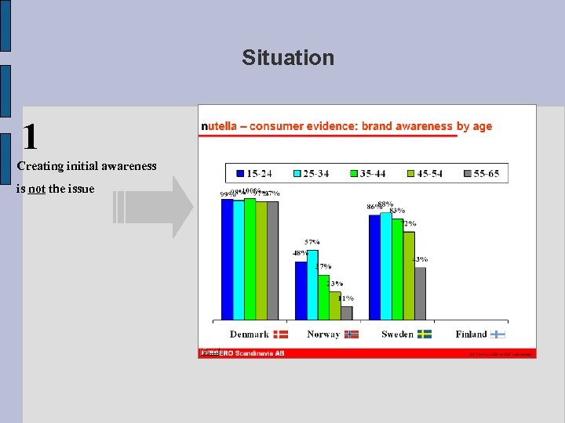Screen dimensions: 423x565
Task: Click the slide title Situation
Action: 288,58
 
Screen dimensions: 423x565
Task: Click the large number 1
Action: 30,137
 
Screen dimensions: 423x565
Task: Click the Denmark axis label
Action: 250,334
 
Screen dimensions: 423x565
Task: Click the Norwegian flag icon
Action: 351,334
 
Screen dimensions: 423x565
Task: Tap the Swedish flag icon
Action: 425,334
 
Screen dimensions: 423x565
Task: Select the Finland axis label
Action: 471,334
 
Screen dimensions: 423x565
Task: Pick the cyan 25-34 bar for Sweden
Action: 385,266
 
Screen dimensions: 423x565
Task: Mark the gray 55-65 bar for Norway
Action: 346,313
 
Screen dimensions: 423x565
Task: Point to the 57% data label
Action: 312,242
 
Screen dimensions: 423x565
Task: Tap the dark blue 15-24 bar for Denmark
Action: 227,259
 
